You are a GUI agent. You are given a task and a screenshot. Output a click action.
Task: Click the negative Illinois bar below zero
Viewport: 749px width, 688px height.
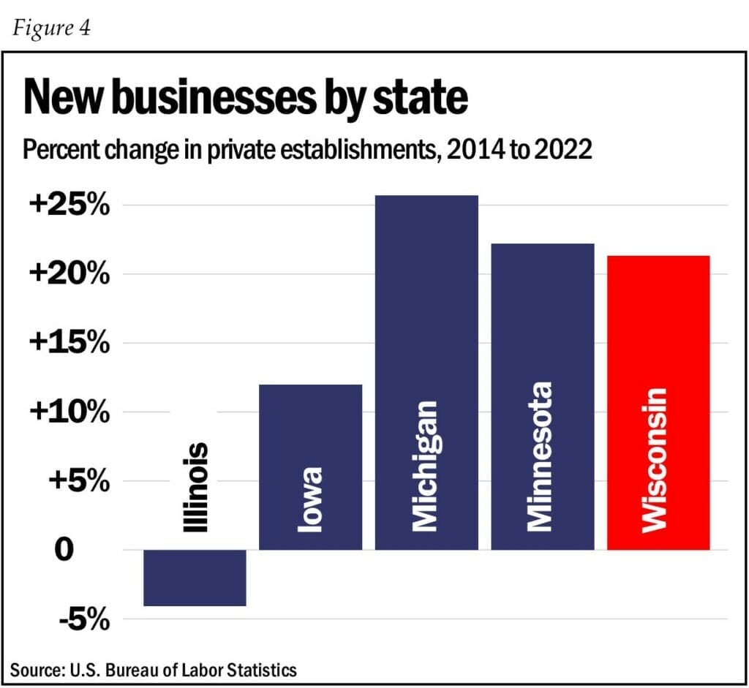(x=195, y=578)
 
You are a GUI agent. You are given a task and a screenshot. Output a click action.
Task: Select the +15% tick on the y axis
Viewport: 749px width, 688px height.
(x=69, y=343)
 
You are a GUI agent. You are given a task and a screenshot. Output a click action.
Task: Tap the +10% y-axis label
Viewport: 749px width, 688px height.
(x=69, y=412)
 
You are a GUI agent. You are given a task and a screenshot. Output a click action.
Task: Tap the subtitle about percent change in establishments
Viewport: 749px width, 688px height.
(x=307, y=151)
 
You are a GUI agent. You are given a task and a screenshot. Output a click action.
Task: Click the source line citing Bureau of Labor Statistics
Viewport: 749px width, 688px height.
(x=154, y=670)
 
